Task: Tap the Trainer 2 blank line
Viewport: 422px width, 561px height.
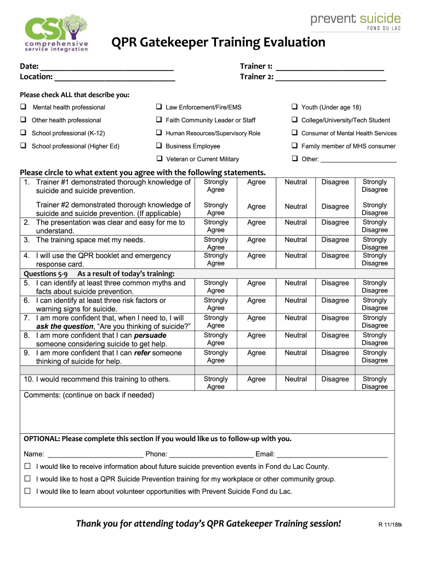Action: pyautogui.click(x=330, y=77)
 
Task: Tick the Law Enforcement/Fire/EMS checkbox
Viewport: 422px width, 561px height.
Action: pyautogui.click(x=158, y=107)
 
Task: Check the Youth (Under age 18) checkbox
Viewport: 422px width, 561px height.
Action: pyautogui.click(x=294, y=107)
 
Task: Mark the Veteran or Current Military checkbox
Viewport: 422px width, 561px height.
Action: pyautogui.click(x=158, y=159)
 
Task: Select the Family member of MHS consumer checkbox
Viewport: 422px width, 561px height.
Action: pyautogui.click(x=294, y=146)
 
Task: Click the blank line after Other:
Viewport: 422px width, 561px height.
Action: pyautogui.click(x=358, y=159)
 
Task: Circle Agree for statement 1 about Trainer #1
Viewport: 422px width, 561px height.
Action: pyautogui.click(x=256, y=182)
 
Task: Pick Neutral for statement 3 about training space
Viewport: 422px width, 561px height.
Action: pyautogui.click(x=295, y=240)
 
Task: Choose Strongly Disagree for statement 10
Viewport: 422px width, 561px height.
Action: pyautogui.click(x=374, y=382)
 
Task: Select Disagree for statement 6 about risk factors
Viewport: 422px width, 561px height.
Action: pyautogui.click(x=335, y=300)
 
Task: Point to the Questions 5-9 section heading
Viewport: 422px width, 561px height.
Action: pyautogui.click(x=99, y=274)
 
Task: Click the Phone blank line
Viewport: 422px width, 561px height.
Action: pyautogui.click(x=212, y=454)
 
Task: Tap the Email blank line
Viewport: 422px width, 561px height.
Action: pyautogui.click(x=332, y=454)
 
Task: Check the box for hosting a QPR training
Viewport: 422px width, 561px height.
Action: pyautogui.click(x=27, y=479)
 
